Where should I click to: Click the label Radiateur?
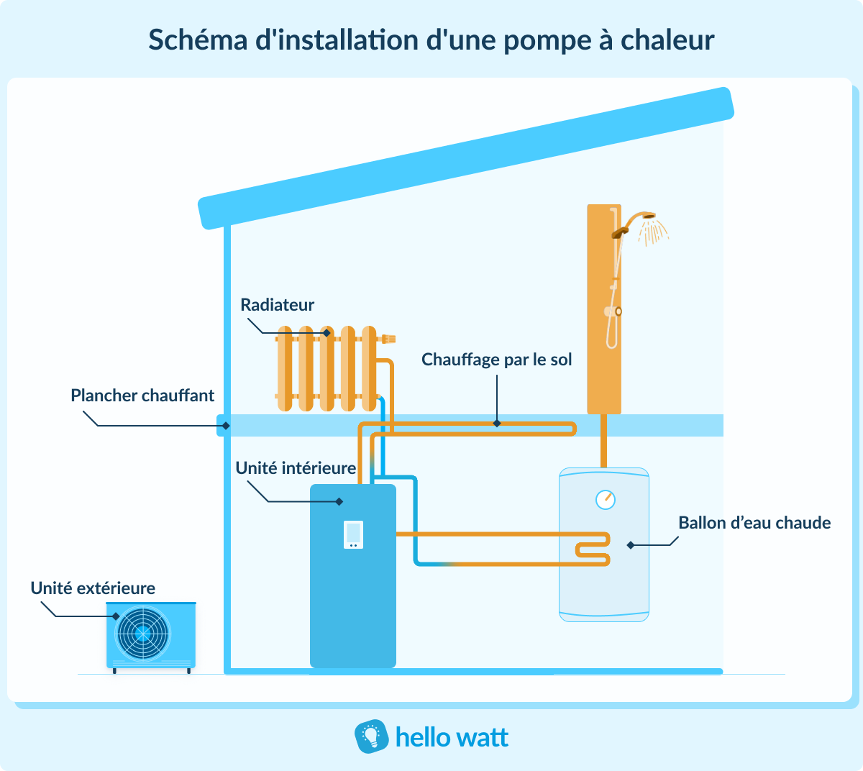(277, 305)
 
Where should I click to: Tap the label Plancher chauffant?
(142, 396)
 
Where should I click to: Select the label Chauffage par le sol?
(496, 360)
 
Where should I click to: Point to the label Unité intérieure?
(296, 468)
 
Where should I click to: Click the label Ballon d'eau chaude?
(754, 523)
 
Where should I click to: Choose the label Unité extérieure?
(93, 588)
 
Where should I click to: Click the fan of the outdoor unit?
(143, 634)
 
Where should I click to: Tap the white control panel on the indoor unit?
(353, 534)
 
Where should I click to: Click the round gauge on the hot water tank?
(606, 499)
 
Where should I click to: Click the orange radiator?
(327, 368)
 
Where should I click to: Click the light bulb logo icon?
(371, 736)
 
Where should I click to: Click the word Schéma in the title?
(198, 40)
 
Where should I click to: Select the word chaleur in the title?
(667, 40)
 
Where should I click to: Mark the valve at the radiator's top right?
(388, 338)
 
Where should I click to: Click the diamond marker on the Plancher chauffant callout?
(226, 426)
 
